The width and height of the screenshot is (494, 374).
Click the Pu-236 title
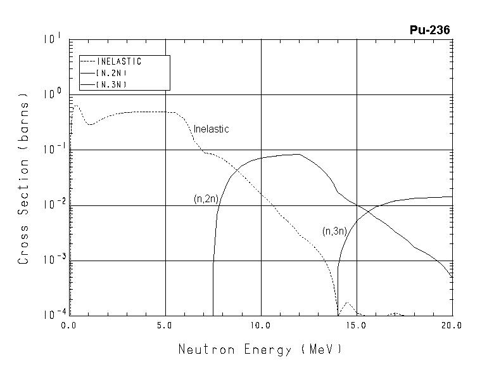click(429, 30)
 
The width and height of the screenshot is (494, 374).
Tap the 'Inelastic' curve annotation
click(211, 129)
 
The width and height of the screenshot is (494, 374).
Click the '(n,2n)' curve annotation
click(206, 199)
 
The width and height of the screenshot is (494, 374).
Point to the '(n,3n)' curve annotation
click(334, 231)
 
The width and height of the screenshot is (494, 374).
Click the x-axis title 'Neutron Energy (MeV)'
click(260, 349)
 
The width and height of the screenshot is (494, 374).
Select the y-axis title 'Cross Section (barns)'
click(23, 181)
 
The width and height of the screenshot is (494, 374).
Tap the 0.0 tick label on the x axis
click(69, 325)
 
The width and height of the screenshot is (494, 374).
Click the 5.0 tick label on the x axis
click(165, 325)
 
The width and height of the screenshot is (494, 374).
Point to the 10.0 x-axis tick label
click(260, 325)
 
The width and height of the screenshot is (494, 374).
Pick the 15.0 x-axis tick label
click(357, 325)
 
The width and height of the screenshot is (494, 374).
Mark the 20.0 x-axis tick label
click(452, 325)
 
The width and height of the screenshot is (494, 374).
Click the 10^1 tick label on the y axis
click(52, 40)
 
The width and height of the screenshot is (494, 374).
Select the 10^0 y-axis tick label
click(52, 94)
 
